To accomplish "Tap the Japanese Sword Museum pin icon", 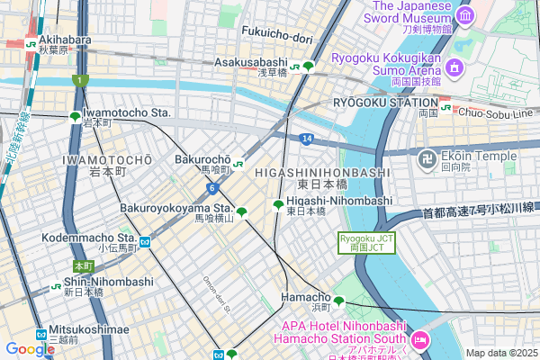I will tap(465, 16).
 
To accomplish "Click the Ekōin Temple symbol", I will tap(424, 159).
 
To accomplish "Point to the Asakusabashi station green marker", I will tap(308, 66).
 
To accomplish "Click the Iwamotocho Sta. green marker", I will tap(75, 116).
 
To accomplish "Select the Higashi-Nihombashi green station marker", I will tap(278, 205).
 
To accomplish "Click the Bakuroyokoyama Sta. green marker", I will tap(242, 212).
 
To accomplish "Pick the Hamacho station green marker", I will tap(339, 301).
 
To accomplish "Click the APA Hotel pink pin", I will tap(418, 340).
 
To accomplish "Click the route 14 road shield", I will tap(307, 139).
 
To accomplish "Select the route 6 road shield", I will tap(211, 188).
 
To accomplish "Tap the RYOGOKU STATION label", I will tap(385, 103).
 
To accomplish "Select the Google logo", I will tap(29, 349).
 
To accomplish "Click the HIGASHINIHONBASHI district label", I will tap(321, 171).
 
